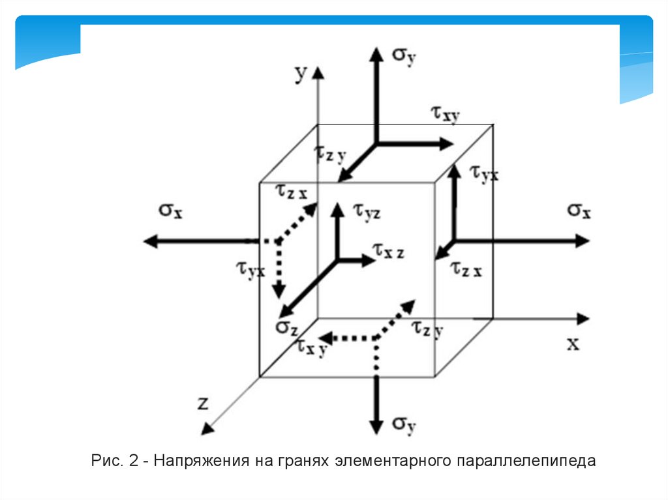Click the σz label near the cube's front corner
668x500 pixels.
click(x=286, y=327)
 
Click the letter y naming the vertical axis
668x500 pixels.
click(x=299, y=74)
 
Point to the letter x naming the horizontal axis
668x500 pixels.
click(x=573, y=343)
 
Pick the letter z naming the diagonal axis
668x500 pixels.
click(x=203, y=403)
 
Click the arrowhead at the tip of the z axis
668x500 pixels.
click(x=207, y=428)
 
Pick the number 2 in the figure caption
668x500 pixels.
click(x=133, y=462)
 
